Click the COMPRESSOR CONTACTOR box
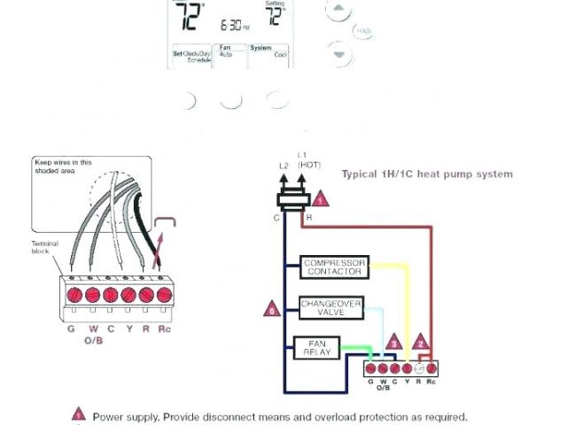tap(335, 268)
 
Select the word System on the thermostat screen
tap(260, 47)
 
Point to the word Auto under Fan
tap(225, 55)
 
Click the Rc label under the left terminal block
tap(163, 329)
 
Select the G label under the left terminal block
tap(70, 329)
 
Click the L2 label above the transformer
tap(284, 166)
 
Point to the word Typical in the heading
tap(358, 174)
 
